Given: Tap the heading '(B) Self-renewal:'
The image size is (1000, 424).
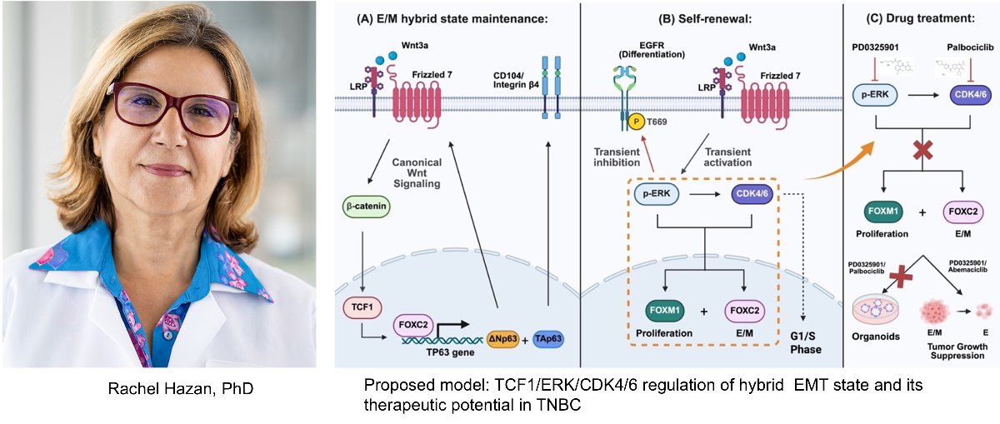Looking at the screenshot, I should (x=712, y=18).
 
